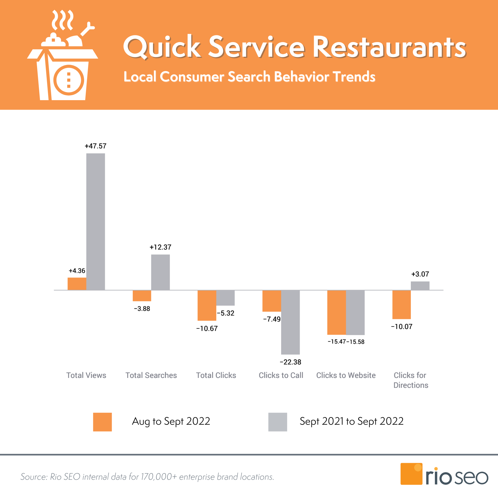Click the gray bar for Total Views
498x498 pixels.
tap(95, 221)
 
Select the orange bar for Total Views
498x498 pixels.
tap(77, 284)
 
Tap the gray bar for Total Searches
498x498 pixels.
tap(160, 272)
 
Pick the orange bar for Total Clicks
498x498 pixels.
tap(207, 305)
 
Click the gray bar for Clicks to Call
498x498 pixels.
tap(290, 322)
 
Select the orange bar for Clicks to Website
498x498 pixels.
tap(336, 312)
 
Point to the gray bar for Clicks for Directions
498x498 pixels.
tap(420, 286)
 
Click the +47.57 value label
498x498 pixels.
tap(95, 146)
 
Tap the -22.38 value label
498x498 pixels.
tap(290, 362)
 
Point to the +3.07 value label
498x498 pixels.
tap(420, 274)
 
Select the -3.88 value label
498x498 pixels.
tap(142, 309)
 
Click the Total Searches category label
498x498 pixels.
tap(151, 375)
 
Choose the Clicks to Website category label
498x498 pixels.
tap(346, 375)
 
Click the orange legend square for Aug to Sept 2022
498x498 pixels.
tap(102, 422)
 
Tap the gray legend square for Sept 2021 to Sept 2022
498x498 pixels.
tap(277, 422)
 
